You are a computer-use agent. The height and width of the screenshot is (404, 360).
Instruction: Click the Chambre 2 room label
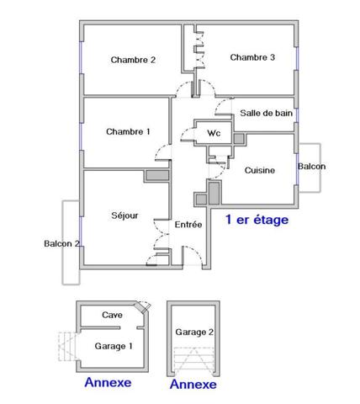coord(133,60)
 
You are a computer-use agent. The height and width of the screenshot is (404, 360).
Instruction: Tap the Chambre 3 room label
coord(252,57)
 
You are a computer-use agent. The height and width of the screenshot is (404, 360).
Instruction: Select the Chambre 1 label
coord(128,131)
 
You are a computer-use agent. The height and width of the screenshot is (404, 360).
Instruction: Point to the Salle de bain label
coord(266,112)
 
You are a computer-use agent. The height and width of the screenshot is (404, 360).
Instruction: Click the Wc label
coord(214,132)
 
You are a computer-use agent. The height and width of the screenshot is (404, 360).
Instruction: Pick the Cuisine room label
coord(260,170)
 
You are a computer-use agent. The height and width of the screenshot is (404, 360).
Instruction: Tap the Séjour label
coord(124,215)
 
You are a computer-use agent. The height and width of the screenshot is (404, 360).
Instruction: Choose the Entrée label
coord(188,225)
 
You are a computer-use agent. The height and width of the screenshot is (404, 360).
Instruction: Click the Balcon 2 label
coord(61,244)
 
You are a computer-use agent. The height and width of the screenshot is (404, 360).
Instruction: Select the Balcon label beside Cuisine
coord(311,167)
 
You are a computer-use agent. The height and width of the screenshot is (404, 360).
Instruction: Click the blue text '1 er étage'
coord(257,221)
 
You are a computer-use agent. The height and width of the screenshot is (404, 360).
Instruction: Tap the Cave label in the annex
coord(112,315)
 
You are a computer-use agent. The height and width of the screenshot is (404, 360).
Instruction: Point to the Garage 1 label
coord(113,345)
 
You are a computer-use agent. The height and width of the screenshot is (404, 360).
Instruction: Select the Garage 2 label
coord(193,332)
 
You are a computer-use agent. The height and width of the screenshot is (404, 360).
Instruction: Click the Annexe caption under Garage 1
coord(108,382)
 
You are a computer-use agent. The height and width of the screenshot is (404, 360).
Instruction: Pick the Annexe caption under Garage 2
coord(193,384)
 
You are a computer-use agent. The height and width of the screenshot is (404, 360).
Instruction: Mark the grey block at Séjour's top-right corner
coord(156,177)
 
